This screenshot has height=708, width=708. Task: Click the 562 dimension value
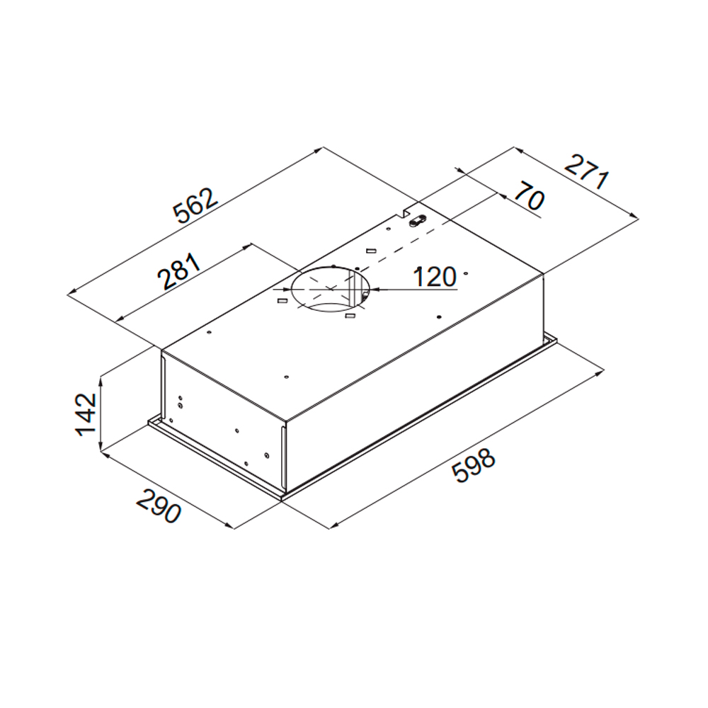pos(196,206)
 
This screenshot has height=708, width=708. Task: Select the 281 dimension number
pos(179,272)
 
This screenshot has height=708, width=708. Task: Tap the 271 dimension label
pos(586,172)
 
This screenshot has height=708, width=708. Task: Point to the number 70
pos(529,195)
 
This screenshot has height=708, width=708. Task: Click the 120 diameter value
pos(435,277)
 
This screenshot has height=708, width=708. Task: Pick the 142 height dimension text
pos(86,414)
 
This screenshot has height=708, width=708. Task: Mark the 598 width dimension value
pos(474,466)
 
